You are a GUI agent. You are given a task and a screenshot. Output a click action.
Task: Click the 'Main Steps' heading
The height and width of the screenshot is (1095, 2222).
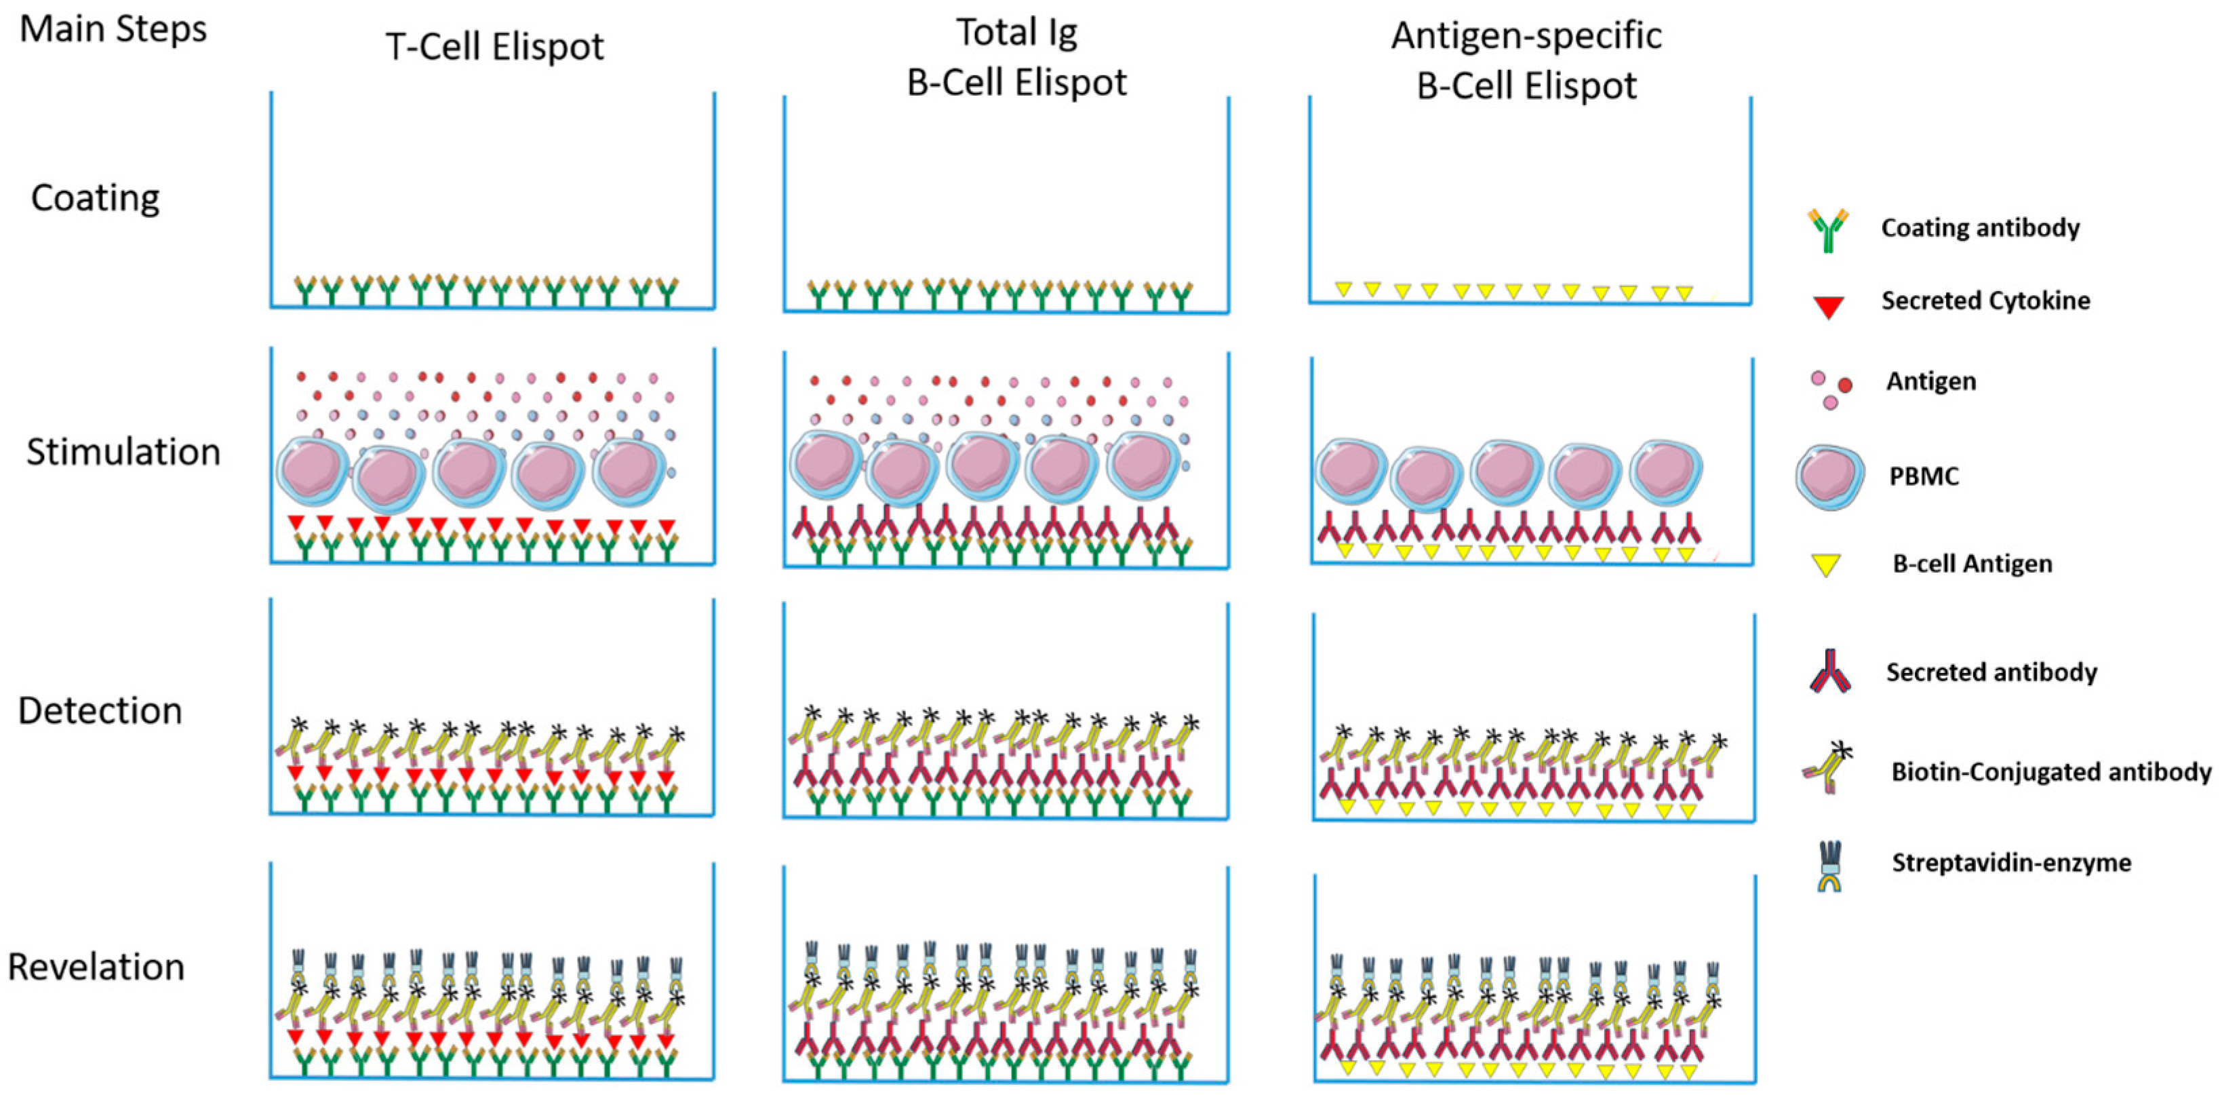coord(113,29)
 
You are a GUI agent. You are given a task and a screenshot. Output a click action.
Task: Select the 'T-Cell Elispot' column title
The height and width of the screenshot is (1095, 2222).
coord(494,47)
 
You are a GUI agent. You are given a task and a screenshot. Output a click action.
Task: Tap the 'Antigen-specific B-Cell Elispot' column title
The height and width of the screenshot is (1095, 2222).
coord(1526,60)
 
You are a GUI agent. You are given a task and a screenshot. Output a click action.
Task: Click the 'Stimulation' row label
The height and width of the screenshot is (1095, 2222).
coord(123,452)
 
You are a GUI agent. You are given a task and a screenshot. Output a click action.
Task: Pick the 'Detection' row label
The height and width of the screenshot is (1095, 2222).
coord(100,711)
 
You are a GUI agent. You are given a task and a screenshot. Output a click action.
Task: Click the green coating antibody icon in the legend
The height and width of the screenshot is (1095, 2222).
coord(1828,229)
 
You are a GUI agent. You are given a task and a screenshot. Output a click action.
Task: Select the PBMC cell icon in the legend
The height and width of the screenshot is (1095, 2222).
coord(1829,477)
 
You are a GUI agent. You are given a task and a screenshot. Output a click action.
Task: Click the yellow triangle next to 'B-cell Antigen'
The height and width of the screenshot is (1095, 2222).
coord(1825,565)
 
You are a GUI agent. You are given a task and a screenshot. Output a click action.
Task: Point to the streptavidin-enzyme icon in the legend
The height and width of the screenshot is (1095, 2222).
coord(1829,866)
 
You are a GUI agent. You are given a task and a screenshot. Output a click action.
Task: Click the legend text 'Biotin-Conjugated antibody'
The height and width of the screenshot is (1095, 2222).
coord(2050,771)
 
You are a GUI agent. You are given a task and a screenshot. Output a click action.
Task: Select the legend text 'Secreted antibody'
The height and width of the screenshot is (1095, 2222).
coord(1991,672)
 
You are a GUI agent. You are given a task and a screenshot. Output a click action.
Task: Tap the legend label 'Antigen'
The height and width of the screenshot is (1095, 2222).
coord(1930,381)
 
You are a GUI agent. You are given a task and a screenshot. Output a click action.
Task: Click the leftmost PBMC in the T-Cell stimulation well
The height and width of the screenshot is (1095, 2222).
coord(311,471)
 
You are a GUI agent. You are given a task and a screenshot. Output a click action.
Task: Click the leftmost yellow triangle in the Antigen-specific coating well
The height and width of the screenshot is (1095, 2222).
coord(1343,289)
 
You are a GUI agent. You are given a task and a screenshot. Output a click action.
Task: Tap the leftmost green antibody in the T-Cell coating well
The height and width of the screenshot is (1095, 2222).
coord(305,291)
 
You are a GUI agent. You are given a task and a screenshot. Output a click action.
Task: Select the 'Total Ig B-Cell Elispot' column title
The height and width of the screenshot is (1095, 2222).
coord(1016,58)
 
